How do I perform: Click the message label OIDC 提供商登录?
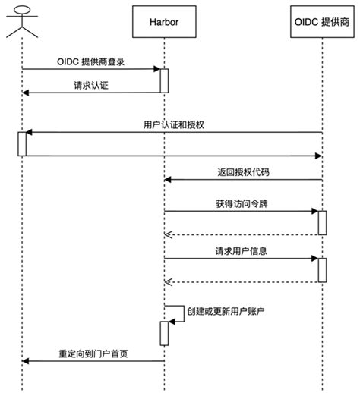(95, 61)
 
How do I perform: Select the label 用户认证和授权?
(173, 124)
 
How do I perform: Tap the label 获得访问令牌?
(242, 203)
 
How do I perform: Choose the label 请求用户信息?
(242, 250)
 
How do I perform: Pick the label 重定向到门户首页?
(93, 353)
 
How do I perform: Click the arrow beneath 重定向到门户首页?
(93, 361)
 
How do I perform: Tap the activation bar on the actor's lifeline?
(22, 143)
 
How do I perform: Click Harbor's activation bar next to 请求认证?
(163, 80)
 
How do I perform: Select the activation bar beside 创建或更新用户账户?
(163, 333)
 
